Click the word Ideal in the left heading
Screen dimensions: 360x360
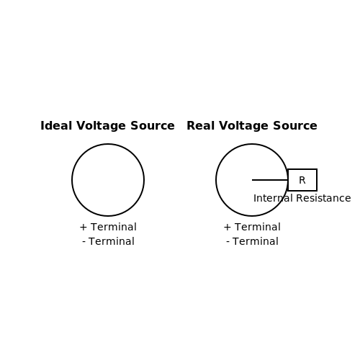pos(56,125)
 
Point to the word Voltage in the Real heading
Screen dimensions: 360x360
pos(243,127)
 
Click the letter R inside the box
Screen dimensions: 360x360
pos(302,180)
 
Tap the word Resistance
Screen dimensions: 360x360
pos(323,198)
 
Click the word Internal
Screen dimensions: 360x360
pos(273,198)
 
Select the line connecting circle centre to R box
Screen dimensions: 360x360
pos(270,180)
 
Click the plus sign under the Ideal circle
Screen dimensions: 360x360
pos(84,227)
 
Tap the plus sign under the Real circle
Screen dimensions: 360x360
pos(228,227)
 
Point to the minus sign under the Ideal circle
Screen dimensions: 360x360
pos(84,242)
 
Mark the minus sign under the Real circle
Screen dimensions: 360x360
pos(228,242)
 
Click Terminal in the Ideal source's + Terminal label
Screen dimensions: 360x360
pos(114,227)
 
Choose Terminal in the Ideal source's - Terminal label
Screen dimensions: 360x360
pos(112,241)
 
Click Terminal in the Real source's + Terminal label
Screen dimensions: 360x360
pos(258,227)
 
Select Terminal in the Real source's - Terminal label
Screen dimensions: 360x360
pos(256,241)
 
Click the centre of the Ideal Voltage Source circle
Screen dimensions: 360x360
pos(108,180)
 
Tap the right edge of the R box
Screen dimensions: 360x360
pos(317,180)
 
